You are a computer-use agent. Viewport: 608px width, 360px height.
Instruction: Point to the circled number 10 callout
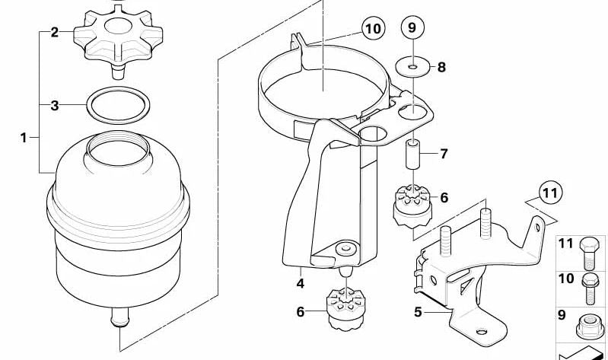click(x=372, y=30)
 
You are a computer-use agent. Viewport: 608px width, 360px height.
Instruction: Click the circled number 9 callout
click(x=412, y=29)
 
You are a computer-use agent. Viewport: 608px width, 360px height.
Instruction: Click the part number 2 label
click(x=54, y=32)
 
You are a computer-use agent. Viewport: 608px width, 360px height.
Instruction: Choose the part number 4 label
click(x=301, y=283)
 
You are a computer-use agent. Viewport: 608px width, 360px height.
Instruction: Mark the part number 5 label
click(x=417, y=311)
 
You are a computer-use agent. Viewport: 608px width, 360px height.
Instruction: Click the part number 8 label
click(x=441, y=67)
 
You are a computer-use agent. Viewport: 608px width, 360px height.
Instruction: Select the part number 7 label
click(x=444, y=154)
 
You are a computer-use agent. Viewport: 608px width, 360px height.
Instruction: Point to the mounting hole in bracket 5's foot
click(x=482, y=333)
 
